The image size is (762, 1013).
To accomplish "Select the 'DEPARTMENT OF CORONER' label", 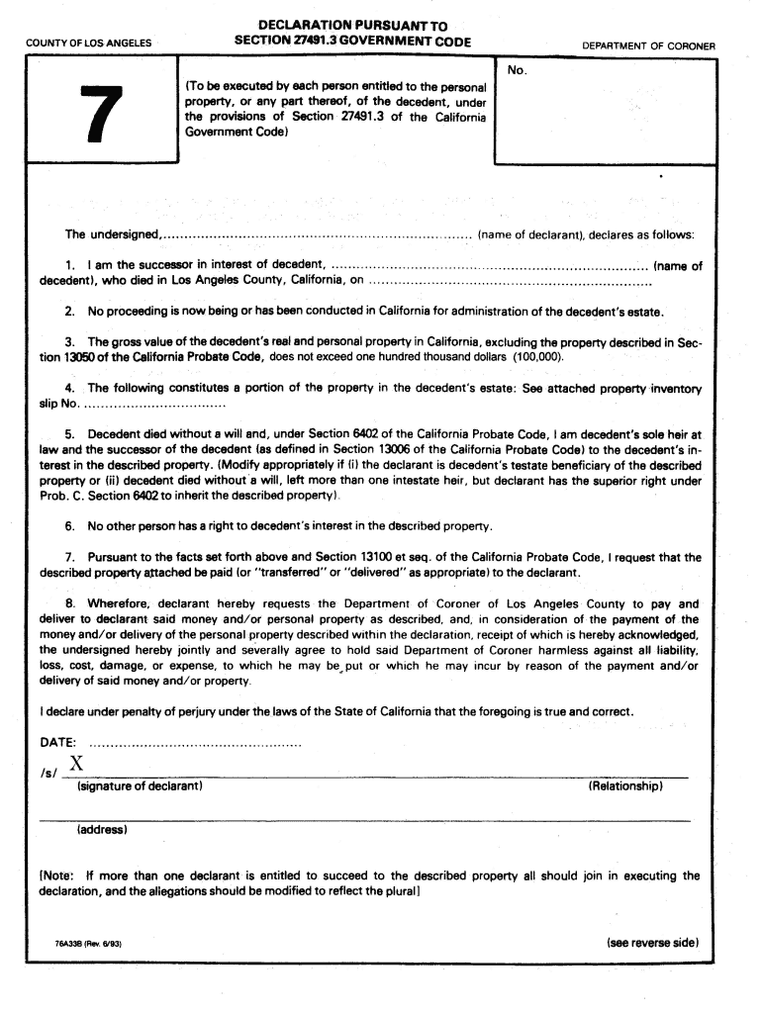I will pos(648,46).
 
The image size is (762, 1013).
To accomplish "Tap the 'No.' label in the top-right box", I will pos(517,70).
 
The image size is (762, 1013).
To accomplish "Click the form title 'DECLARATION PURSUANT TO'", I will pos(352,24).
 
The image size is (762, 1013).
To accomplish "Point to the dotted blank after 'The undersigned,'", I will pos(317,236).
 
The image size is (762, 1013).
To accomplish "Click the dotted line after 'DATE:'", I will pos(195,743).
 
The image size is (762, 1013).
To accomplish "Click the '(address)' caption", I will pos(102,829).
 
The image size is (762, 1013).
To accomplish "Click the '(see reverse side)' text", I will pos(652,943).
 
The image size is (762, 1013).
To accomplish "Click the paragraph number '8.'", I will pos(71,602).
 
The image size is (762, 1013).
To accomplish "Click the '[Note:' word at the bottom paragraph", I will pos(57,875).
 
